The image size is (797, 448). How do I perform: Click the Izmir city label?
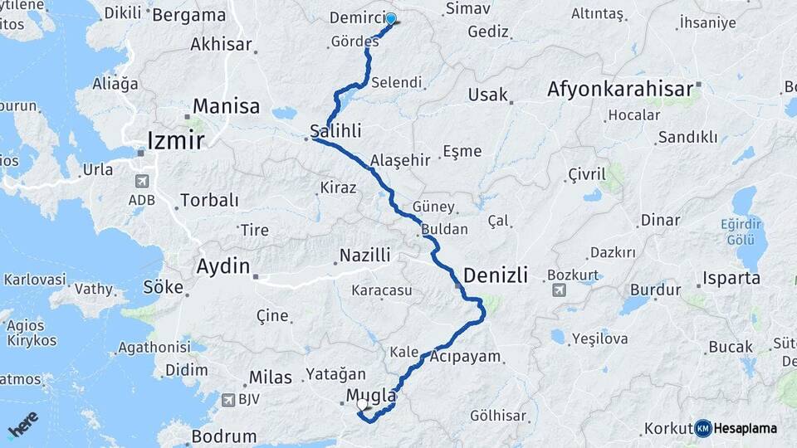(x=175, y=140)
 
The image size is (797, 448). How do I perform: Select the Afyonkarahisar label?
(x=620, y=89)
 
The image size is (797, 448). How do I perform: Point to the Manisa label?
(x=226, y=106)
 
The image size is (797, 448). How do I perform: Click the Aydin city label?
(x=222, y=266)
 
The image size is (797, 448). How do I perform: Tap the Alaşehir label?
(x=401, y=160)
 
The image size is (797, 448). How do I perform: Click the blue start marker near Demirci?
(x=390, y=18)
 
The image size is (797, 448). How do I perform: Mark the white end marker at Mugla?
(x=363, y=405)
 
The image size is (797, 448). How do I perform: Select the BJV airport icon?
(x=227, y=400)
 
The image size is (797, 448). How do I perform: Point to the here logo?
(x=23, y=425)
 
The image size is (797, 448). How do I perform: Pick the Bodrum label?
(x=223, y=436)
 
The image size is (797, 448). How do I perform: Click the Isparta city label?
(x=731, y=278)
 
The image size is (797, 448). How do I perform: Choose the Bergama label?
(x=189, y=15)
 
